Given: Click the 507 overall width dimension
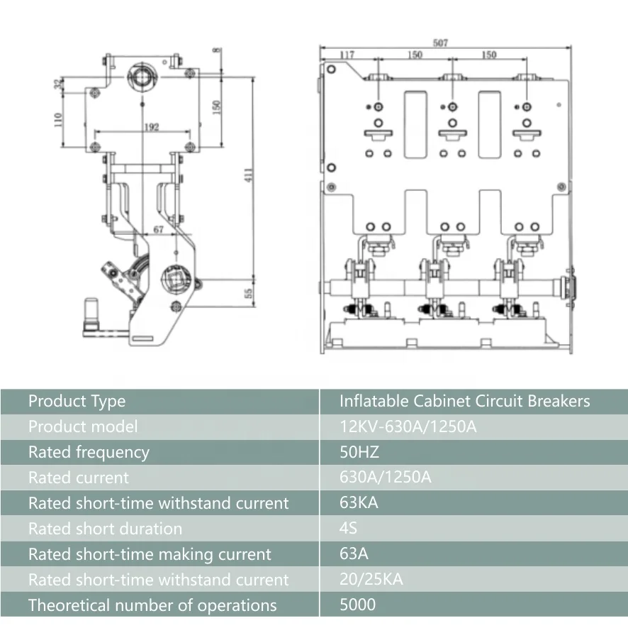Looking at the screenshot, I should pyautogui.click(x=440, y=43).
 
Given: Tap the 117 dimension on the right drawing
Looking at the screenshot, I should pyautogui.click(x=347, y=55).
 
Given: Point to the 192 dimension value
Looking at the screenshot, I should pyautogui.click(x=151, y=127).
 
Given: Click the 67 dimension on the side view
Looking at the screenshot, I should pyautogui.click(x=157, y=228).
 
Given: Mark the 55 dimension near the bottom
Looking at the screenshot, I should pyautogui.click(x=248, y=293).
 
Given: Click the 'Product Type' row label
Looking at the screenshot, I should pyautogui.click(x=77, y=401).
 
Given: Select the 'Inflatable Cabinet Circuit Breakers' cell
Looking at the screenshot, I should pyautogui.click(x=464, y=401).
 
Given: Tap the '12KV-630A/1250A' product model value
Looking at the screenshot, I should pyautogui.click(x=403, y=426).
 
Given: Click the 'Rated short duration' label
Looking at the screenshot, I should pyautogui.click(x=105, y=529).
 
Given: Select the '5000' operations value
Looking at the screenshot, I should pyautogui.click(x=358, y=605).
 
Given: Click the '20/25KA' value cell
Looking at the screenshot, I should pyautogui.click(x=371, y=580).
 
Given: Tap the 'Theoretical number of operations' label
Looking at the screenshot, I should pyautogui.click(x=152, y=605).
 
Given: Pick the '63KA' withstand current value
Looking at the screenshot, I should pyautogui.click(x=359, y=503).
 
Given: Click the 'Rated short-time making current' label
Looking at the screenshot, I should pyautogui.click(x=150, y=554).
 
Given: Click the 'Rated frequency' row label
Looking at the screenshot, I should pyautogui.click(x=89, y=452).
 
